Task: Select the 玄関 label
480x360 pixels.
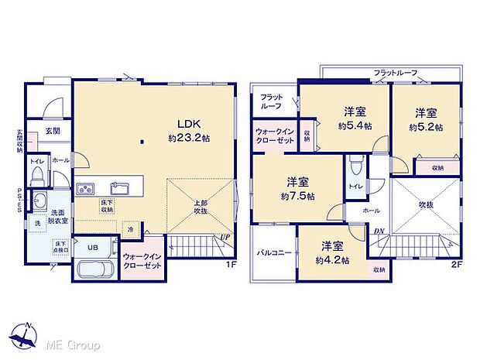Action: click(53, 131)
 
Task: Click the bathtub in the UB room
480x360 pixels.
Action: click(94, 273)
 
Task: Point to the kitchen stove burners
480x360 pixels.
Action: click(85, 188)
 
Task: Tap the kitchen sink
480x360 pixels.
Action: click(119, 187)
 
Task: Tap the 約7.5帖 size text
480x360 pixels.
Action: click(299, 196)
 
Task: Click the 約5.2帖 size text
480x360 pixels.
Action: click(427, 126)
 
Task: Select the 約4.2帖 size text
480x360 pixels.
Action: click(333, 259)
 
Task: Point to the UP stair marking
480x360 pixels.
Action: click(225, 236)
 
